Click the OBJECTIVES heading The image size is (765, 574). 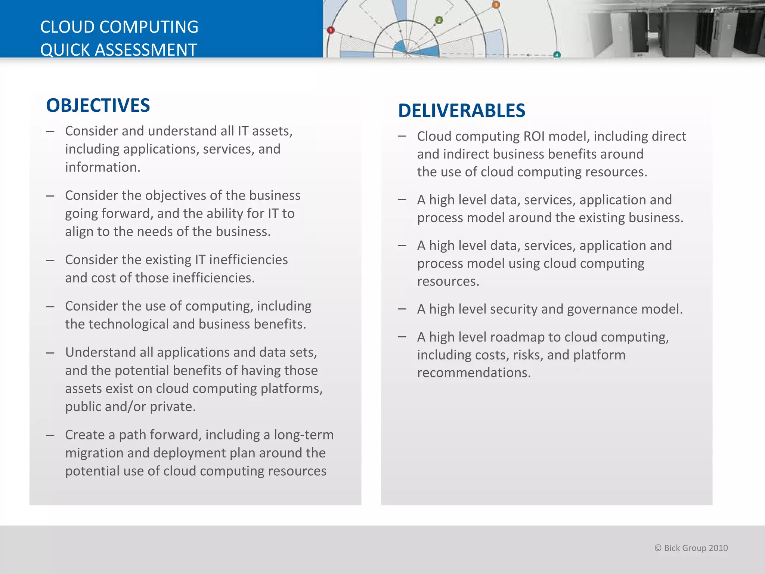(98, 105)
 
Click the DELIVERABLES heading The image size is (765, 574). (462, 111)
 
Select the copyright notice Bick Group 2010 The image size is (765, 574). (691, 548)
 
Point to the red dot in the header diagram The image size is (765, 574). (331, 30)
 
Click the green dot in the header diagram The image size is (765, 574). (439, 20)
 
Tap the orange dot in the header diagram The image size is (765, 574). (496, 5)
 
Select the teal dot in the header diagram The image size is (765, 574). (557, 55)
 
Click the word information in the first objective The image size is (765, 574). (102, 167)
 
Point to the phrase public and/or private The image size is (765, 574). (130, 407)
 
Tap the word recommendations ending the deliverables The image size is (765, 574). (473, 373)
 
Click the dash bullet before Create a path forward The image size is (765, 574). (50, 435)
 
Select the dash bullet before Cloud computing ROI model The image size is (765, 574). (402, 136)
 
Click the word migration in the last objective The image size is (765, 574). (94, 453)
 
